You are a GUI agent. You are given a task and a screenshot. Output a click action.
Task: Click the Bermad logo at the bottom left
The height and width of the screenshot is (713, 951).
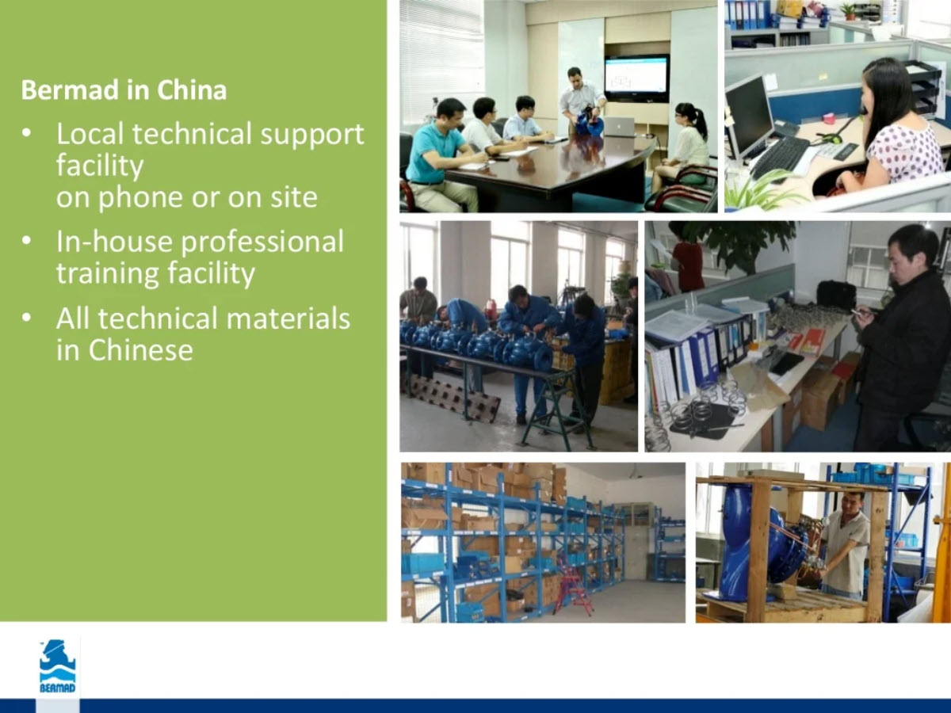[58, 666]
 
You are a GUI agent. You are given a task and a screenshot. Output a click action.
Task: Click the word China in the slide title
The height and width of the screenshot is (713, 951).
[192, 90]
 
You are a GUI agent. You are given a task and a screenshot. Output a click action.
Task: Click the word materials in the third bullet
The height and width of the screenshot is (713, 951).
[288, 318]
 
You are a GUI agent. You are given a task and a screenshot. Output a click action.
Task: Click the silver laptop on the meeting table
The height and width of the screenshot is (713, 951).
[620, 127]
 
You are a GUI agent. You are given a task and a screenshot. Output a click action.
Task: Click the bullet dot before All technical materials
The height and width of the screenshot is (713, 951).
[26, 318]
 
